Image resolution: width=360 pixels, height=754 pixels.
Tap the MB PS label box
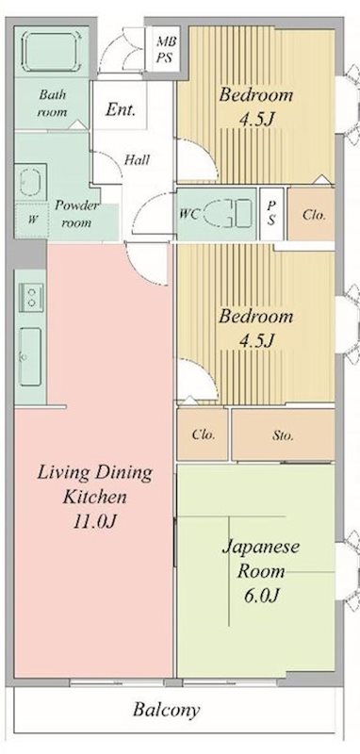click(166, 49)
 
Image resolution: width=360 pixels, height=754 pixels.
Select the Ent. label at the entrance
click(121, 108)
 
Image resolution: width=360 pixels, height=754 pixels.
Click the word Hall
click(137, 159)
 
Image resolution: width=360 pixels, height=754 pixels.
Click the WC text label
click(189, 214)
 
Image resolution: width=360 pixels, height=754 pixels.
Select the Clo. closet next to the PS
click(315, 214)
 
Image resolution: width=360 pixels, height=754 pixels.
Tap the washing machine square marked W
click(33, 220)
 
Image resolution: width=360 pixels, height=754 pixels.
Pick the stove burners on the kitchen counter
click(31, 298)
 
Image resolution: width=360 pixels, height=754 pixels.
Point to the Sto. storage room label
click(283, 435)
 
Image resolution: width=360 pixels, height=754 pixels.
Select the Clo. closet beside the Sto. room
click(204, 435)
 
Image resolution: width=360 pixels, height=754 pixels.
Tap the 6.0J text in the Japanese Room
click(261, 595)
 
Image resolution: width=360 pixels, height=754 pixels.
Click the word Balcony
click(166, 711)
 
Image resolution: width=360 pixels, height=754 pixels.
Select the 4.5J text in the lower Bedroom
click(254, 339)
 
